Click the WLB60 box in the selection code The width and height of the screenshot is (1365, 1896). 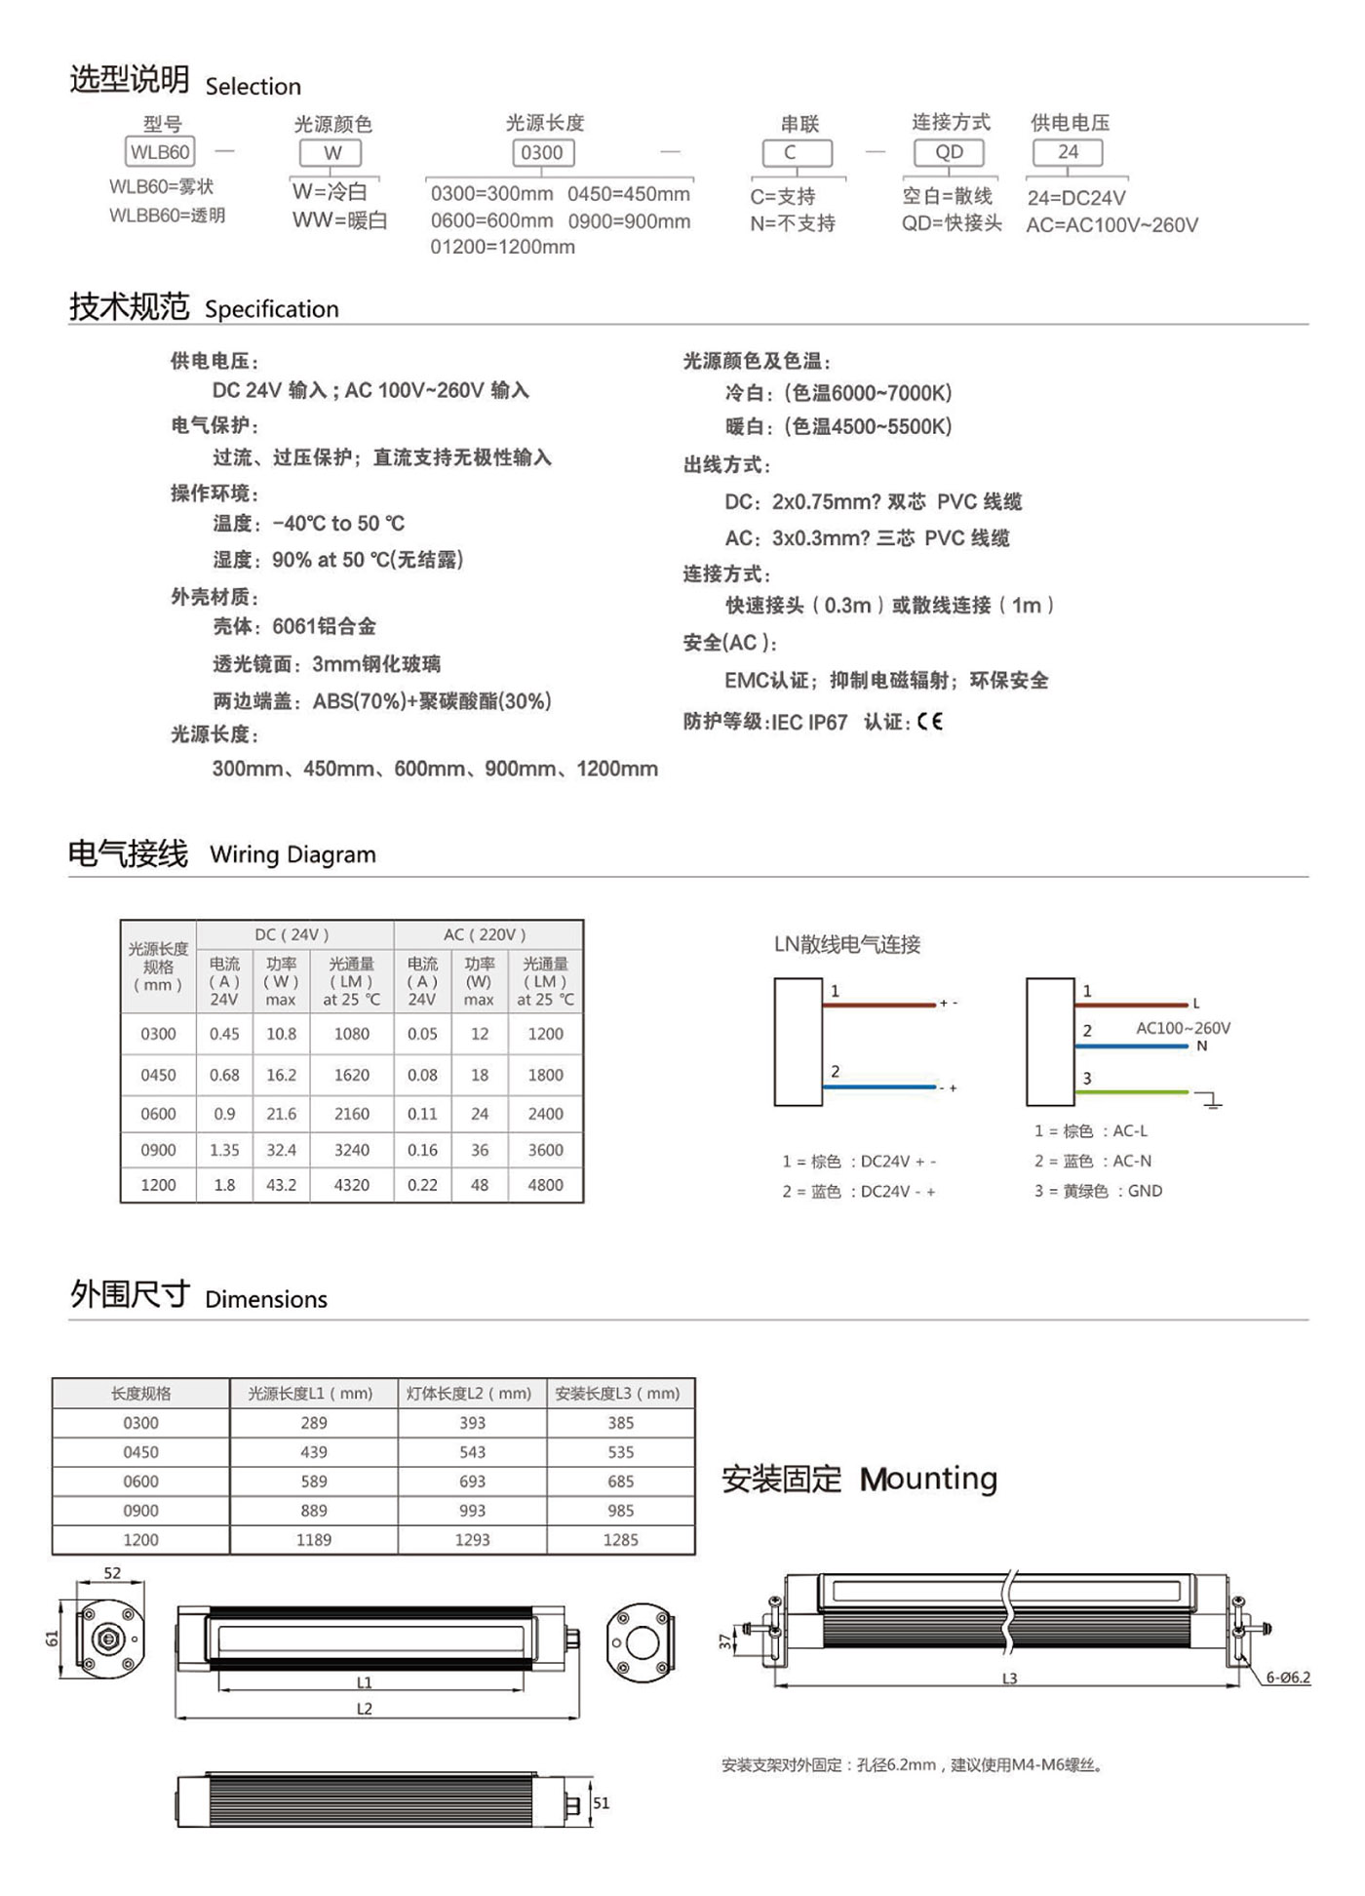click(160, 152)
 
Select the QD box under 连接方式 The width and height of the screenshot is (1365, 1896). click(949, 152)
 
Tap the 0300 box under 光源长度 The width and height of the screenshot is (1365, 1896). click(542, 152)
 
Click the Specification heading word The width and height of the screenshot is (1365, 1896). click(272, 309)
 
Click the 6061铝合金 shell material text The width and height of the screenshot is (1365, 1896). click(324, 626)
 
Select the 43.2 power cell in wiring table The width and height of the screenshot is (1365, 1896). click(281, 1185)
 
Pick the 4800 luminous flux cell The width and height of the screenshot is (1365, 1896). click(545, 1185)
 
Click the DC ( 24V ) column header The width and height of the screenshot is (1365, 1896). click(292, 934)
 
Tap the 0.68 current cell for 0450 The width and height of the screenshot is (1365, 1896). click(224, 1075)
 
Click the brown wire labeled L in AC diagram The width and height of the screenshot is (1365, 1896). click(1131, 1004)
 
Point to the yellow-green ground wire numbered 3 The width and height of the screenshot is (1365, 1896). click(1131, 1092)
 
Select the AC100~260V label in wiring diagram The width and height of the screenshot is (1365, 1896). click(1183, 1028)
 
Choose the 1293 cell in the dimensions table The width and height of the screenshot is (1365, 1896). click(472, 1540)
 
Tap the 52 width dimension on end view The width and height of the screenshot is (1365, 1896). click(112, 1573)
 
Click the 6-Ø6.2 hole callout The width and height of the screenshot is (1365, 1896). click(1288, 1678)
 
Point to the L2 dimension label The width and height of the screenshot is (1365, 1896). click(364, 1709)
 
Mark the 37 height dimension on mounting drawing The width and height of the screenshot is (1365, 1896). click(724, 1641)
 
